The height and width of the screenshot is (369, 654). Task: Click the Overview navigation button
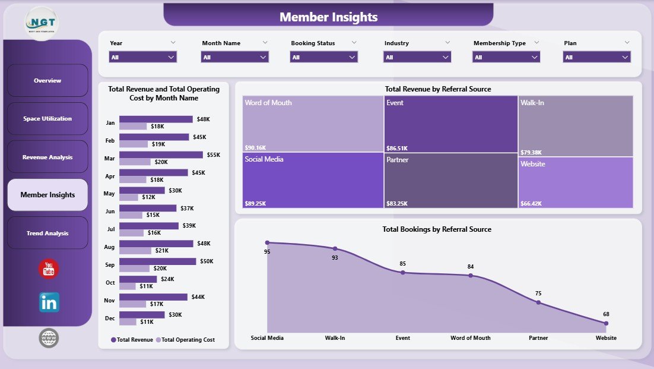[x=47, y=80]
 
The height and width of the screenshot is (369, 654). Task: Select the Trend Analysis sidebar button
[x=47, y=233]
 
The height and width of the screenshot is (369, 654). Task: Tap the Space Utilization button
[x=47, y=119]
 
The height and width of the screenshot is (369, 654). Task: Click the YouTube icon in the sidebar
[x=49, y=269]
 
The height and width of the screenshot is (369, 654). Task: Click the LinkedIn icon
[x=49, y=302]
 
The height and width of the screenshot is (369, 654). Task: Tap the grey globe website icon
[x=49, y=338]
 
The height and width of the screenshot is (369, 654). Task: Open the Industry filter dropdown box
[x=417, y=57]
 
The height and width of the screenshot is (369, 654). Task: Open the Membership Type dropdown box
[x=506, y=57]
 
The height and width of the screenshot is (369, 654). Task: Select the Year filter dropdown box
[x=143, y=57]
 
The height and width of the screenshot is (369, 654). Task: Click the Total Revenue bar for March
[x=160, y=154]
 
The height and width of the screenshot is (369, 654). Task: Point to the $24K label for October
[x=167, y=279]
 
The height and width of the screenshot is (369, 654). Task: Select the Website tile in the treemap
[x=575, y=182]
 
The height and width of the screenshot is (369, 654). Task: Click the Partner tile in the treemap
[x=450, y=181]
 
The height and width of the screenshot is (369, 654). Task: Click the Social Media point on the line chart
[x=267, y=242]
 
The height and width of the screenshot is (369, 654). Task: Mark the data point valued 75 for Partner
[x=538, y=302]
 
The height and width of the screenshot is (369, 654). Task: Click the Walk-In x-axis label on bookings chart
[x=335, y=338]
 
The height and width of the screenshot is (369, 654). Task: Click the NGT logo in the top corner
[x=42, y=22]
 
